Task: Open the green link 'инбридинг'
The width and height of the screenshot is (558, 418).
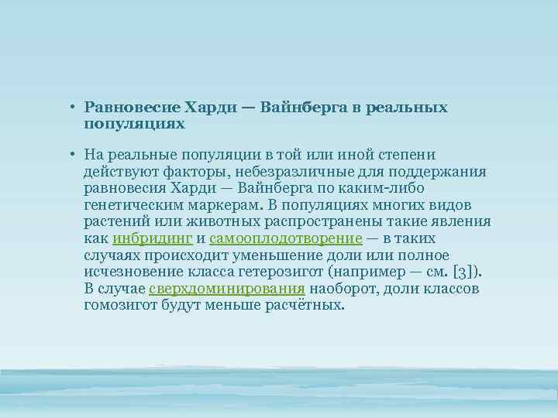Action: coord(153,238)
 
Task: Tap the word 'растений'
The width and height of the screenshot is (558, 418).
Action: coord(112,222)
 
